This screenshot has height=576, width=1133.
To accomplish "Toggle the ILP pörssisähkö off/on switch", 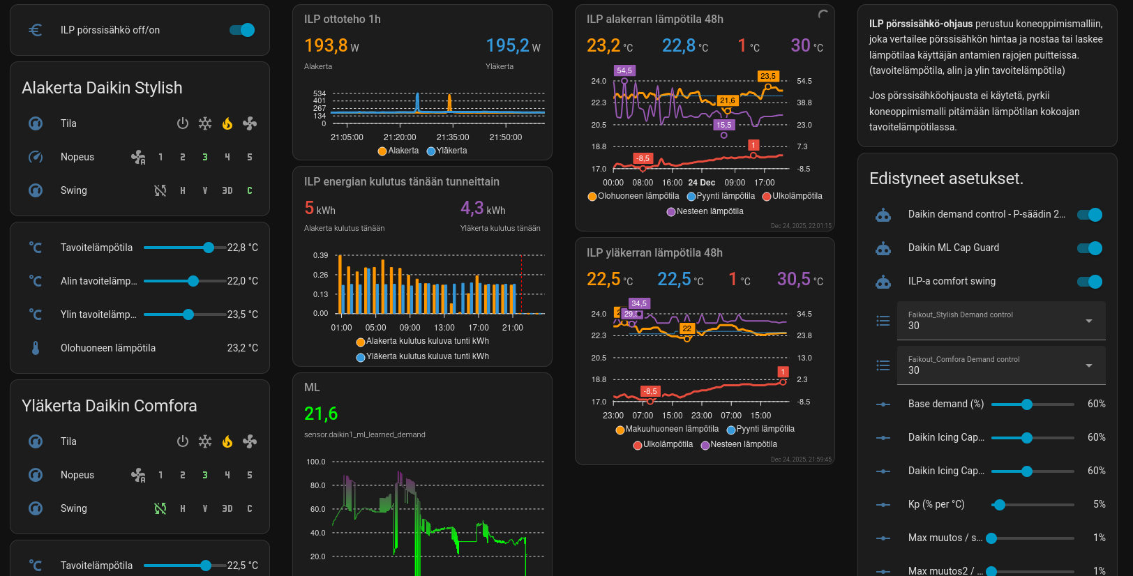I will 242,30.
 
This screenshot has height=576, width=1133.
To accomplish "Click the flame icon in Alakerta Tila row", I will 227,123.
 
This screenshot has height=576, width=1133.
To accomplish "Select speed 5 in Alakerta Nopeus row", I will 250,157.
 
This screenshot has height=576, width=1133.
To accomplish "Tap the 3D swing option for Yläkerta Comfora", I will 227,508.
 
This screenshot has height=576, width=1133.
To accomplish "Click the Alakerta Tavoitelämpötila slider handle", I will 209,248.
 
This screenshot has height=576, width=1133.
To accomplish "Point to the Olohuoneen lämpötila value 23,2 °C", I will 242,348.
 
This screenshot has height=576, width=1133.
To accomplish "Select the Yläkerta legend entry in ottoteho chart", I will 447,151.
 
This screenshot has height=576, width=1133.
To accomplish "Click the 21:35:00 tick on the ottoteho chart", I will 453,137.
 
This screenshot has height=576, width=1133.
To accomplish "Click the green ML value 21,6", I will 321,414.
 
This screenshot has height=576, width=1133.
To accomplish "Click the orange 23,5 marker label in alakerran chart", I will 768,76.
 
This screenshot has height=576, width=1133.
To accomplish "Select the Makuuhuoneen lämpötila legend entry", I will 667,429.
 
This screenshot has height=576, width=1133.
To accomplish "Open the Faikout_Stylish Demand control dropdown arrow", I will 1089,321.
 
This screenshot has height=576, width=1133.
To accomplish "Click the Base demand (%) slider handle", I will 1027,404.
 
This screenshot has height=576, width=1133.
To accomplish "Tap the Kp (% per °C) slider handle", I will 1000,504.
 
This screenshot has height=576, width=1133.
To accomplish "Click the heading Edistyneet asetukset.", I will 946,179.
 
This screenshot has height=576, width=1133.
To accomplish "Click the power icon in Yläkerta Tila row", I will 183,441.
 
